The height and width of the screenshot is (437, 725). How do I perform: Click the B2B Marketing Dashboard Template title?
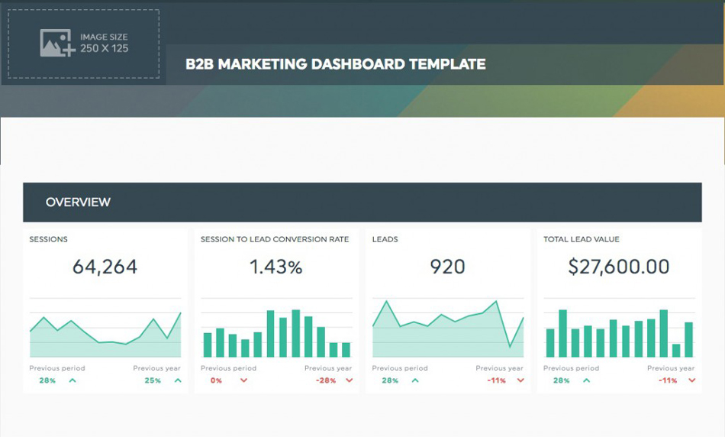pyautogui.click(x=335, y=64)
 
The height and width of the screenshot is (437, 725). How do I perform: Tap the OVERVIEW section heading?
pyautogui.click(x=78, y=202)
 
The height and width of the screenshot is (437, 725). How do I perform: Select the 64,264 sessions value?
pyautogui.click(x=105, y=267)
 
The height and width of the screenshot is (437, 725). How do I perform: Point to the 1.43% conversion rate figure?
pyautogui.click(x=276, y=267)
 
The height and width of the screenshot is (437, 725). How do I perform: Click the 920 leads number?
pyautogui.click(x=447, y=267)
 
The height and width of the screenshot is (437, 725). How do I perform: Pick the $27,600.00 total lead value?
pyautogui.click(x=619, y=267)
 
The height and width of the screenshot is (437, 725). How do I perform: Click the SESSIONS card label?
pyautogui.click(x=48, y=239)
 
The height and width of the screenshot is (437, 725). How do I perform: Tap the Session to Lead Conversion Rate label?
pyautogui.click(x=275, y=239)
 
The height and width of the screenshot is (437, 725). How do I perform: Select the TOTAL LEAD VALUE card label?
pyautogui.click(x=582, y=239)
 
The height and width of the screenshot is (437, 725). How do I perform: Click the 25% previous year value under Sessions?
pyautogui.click(x=153, y=380)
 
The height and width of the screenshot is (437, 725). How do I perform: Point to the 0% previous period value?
pyautogui.click(x=216, y=380)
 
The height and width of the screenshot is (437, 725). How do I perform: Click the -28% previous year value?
pyautogui.click(x=326, y=380)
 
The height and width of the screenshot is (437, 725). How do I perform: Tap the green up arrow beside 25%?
pyautogui.click(x=178, y=380)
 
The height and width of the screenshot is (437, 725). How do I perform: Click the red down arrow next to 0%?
pyautogui.click(x=244, y=380)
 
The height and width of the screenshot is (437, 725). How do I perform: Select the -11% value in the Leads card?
pyautogui.click(x=497, y=380)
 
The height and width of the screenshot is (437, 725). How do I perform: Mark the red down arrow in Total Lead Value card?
pyautogui.click(x=692, y=380)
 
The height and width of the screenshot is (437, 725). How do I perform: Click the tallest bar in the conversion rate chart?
pyautogui.click(x=295, y=333)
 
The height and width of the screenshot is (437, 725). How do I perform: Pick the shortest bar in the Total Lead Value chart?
pyautogui.click(x=676, y=350)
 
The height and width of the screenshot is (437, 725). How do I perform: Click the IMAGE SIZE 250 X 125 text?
pyautogui.click(x=104, y=43)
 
